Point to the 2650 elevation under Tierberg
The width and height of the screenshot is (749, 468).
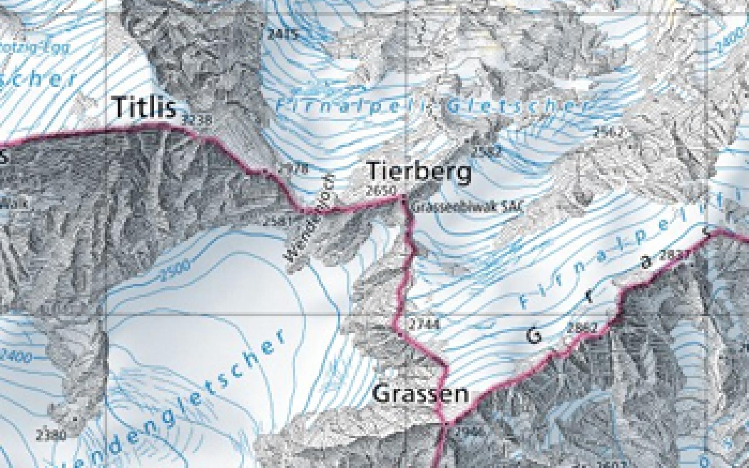[381, 191]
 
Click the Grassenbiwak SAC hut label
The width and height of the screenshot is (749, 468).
[467, 206]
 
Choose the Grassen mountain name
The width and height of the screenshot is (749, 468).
[421, 394]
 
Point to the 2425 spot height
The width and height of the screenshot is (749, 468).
[284, 34]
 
